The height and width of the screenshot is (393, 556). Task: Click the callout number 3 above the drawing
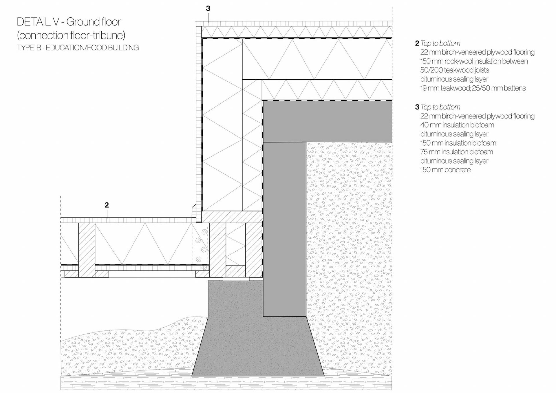[208, 9]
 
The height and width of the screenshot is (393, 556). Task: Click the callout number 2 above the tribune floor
[107, 205]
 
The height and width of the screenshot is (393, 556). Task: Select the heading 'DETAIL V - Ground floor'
[69, 22]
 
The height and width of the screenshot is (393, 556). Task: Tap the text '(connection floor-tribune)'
[71, 35]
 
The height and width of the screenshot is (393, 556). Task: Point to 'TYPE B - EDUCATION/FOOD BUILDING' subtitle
[78, 48]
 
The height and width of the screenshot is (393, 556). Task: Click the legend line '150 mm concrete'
[445, 170]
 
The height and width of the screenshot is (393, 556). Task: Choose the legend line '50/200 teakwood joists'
[454, 70]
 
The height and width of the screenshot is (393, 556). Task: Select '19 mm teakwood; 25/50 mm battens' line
[473, 88]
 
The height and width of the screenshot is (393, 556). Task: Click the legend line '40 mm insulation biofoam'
[457, 125]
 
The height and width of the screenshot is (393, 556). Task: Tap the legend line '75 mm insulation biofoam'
[456, 152]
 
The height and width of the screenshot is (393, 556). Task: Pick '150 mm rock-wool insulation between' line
[474, 61]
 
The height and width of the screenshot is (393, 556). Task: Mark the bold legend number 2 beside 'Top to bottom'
[417, 43]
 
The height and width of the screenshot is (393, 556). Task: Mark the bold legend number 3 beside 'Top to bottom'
[417, 107]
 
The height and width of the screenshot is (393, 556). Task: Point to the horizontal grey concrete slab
[327, 122]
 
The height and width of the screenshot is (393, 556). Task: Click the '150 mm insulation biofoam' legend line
[458, 143]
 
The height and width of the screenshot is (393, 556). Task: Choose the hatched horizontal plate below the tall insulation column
[232, 217]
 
